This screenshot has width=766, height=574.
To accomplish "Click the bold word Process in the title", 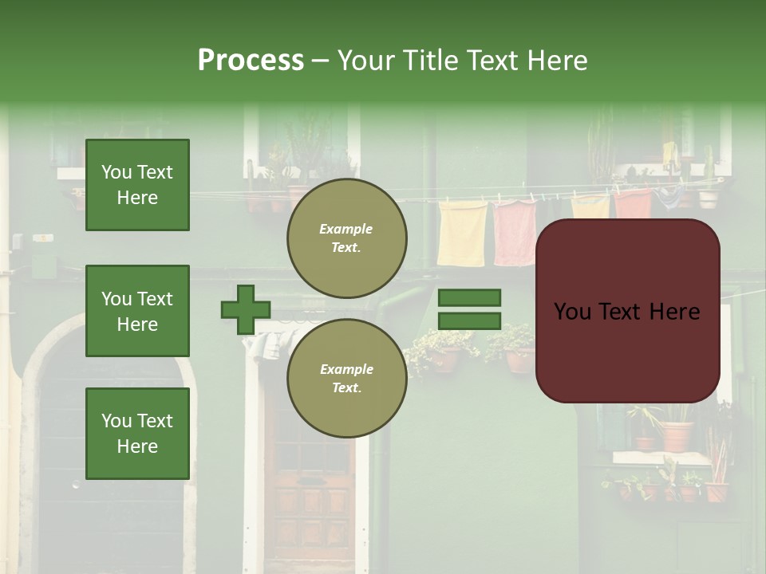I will click(x=251, y=61).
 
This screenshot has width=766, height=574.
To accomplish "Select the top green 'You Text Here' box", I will click(x=137, y=185).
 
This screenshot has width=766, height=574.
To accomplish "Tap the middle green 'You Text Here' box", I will click(x=137, y=311).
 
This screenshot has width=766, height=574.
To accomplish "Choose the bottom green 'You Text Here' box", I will click(x=137, y=434).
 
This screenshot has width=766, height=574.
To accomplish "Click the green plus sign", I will click(x=246, y=309).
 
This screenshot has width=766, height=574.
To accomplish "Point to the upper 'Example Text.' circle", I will click(x=346, y=238).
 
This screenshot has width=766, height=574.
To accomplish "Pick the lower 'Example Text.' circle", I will click(x=346, y=378).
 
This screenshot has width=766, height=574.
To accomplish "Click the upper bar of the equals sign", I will click(x=470, y=298).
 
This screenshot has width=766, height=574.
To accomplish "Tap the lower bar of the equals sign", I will click(x=470, y=320).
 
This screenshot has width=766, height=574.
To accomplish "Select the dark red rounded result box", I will click(x=627, y=311).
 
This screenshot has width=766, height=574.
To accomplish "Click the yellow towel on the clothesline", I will click(x=462, y=233).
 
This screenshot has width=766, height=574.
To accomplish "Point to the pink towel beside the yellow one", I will click(x=515, y=233).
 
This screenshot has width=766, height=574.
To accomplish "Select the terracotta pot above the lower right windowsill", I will click(x=677, y=434).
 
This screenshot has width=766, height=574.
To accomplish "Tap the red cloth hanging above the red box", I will click(x=633, y=204).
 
